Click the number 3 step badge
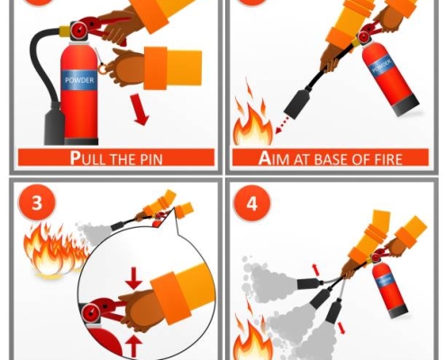[x=37, y=202]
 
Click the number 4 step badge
[x=252, y=203]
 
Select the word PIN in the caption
[x=151, y=159]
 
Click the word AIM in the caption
[x=274, y=158]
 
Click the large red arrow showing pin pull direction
[x=140, y=109]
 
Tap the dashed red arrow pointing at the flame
[x=282, y=125]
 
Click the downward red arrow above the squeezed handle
[x=133, y=279]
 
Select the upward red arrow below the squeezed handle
[x=133, y=346]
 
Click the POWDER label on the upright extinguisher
[x=79, y=80]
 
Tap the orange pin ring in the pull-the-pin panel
[x=102, y=69]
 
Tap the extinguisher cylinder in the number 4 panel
[x=389, y=290]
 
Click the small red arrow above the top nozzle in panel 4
[x=314, y=270]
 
